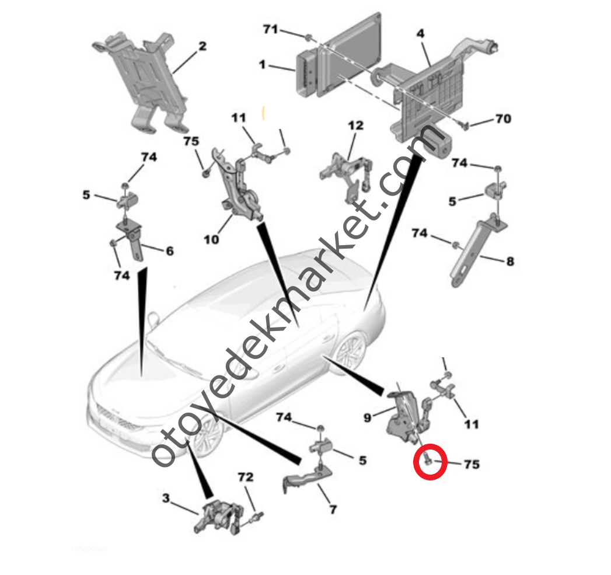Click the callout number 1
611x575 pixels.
tap(262, 64)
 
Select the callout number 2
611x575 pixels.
tap(202, 46)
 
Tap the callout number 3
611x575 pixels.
tap(166, 498)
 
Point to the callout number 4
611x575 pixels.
tap(420, 33)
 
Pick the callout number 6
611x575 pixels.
tap(170, 251)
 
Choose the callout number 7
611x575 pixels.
tap(333, 510)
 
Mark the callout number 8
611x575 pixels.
tap(510, 261)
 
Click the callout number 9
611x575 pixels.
tap(367, 418)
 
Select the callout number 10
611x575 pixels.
tap(211, 239)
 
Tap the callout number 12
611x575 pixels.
tap(355, 126)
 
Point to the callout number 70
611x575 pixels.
tap(503, 119)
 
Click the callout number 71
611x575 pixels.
tap(270, 29)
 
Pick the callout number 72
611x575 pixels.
tap(246, 477)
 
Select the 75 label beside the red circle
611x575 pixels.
tap(472, 464)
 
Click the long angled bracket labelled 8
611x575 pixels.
tap(477, 252)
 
